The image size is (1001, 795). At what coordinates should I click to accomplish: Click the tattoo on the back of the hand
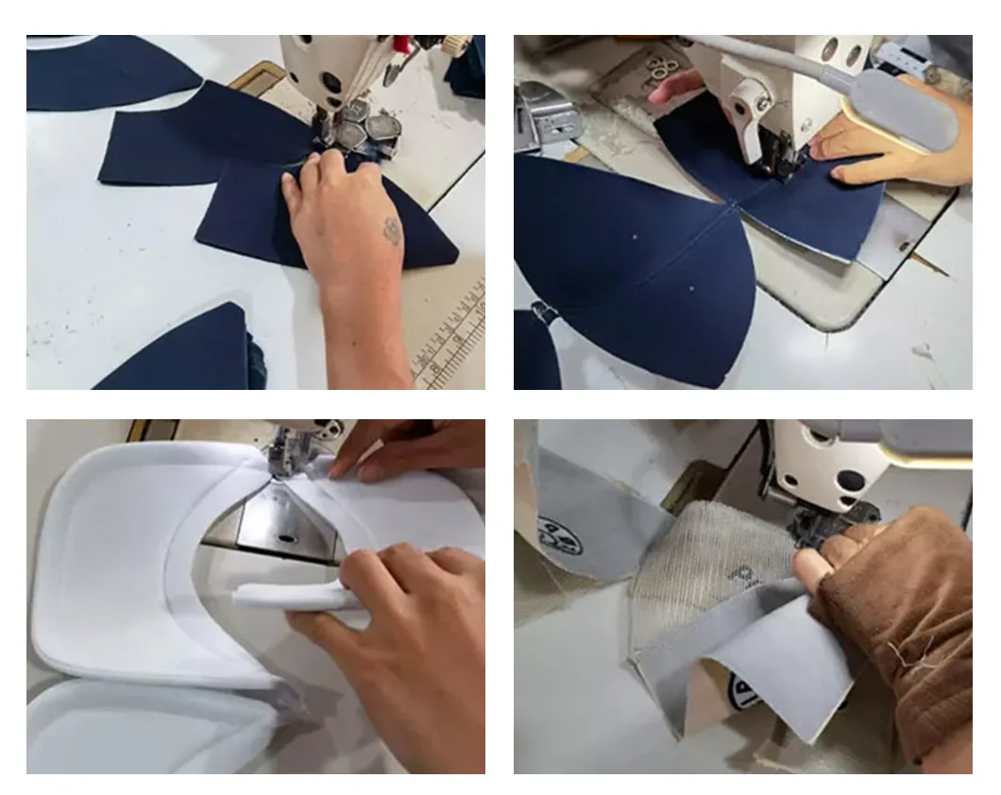click(x=392, y=230)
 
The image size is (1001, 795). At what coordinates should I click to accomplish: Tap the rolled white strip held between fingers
click(x=283, y=595)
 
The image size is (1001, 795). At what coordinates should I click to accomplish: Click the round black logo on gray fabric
click(x=559, y=536)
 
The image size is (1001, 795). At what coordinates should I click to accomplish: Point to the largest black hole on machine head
click(x=852, y=481)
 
